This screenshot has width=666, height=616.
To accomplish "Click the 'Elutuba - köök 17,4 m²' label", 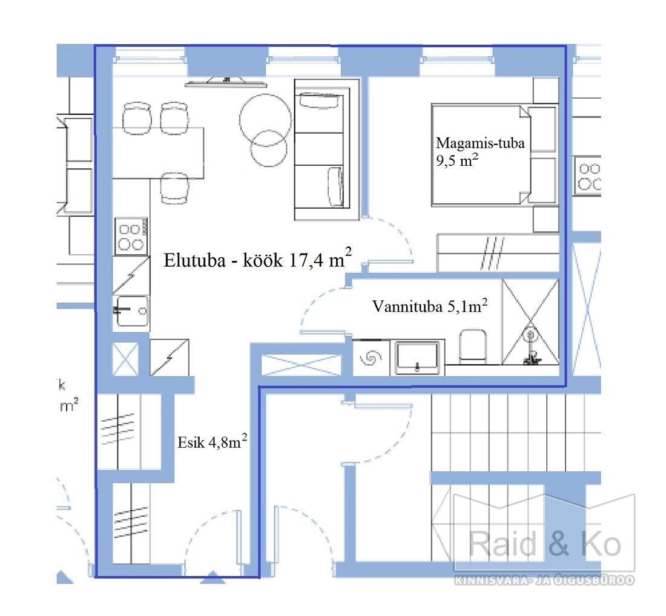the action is coord(257,258).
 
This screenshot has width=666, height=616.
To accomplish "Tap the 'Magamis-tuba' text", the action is coord(480,143).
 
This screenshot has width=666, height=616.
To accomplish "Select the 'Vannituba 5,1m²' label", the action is coord(430,305).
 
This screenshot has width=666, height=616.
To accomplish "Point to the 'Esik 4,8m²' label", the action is coord(213,442).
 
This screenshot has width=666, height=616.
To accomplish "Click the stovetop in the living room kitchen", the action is coord(131,237).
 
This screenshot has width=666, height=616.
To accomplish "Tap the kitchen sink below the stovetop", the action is coord(131,311).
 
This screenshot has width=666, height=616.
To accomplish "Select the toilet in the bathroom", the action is coord(473,346).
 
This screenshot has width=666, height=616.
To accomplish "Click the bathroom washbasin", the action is coord(417,358).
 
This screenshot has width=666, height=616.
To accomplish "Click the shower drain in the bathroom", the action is coord(530,335).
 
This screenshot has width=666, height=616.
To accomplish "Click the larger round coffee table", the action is coord(265,120).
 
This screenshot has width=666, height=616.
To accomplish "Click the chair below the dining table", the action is coord(174,188).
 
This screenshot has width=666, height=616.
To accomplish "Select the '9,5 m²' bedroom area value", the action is coord(457,160).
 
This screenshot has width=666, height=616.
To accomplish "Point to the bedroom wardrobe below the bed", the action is coord(498,252).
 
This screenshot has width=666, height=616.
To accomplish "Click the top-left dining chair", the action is coord(137,118).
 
